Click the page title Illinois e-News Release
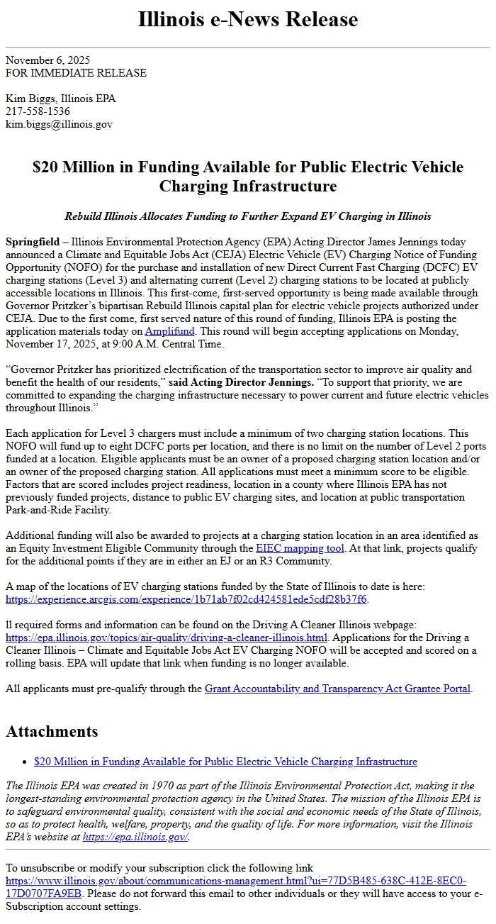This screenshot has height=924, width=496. coord(247,19)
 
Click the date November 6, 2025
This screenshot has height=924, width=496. coord(47,60)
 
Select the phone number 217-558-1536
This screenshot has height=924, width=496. coord(38,111)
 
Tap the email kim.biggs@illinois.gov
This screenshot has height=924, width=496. coord(59,124)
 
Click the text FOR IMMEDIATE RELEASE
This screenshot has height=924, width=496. coord(76,73)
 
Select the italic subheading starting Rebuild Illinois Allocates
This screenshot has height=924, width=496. coord(247,216)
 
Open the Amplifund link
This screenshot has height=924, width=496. coord(167,331)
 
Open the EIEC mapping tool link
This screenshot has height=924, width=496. coord(300,548)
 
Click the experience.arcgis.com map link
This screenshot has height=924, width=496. coord(186,599)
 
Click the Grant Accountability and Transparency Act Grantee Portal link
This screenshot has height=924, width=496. coord(337,689)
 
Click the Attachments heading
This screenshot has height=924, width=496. coord(52,731)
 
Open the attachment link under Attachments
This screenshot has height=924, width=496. coord(225,762)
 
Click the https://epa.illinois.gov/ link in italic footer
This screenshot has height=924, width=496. coord(135,837)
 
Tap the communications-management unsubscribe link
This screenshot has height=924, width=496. coord(235,887)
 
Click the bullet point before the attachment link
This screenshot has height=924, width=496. coord(26,762)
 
